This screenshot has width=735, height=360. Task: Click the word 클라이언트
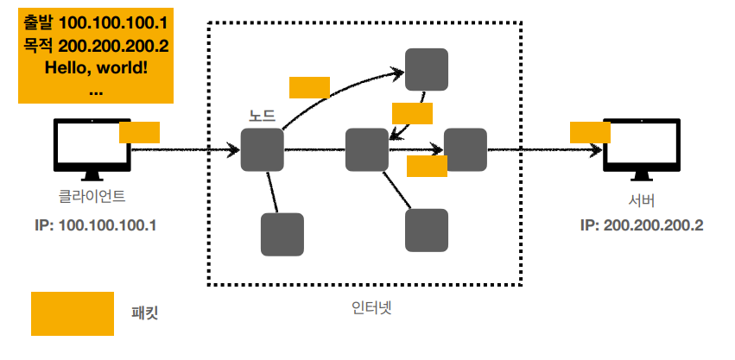coord(92,196)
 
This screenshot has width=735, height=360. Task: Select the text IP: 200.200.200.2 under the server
coord(641,225)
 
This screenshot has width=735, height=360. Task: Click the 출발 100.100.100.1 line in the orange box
coord(96,18)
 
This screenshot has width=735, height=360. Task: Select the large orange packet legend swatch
coord(73,313)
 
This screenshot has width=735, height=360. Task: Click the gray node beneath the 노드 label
coord(263,149)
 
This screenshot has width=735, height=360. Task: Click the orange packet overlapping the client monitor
coord(139,132)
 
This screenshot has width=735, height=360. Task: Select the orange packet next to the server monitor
coord(590,132)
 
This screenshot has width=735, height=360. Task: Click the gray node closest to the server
coord(466,149)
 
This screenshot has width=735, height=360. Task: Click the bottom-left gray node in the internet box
coord(282,234)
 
